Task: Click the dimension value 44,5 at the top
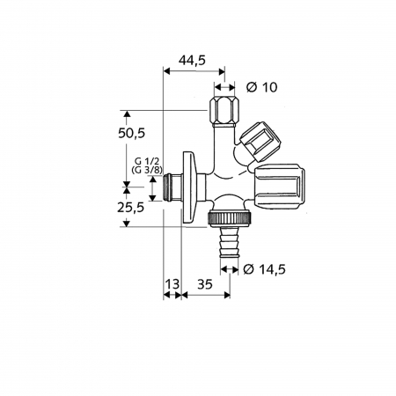(194, 61)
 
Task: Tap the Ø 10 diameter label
(261, 87)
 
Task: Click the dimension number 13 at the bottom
(171, 284)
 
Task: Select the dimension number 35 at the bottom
(204, 284)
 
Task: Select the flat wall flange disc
(187, 188)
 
